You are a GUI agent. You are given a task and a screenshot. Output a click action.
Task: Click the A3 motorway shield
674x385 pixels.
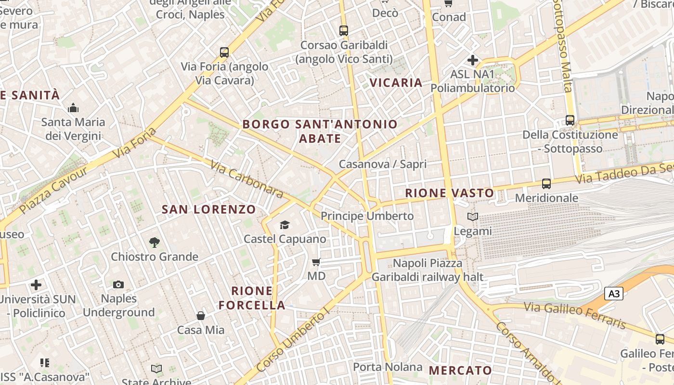[x=613, y=294]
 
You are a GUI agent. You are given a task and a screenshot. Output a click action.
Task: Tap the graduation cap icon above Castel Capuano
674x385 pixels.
[x=285, y=225]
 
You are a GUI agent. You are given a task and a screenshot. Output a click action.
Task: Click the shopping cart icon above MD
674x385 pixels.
[x=316, y=262]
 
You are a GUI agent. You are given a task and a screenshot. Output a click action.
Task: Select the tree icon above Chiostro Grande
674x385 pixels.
[x=155, y=243]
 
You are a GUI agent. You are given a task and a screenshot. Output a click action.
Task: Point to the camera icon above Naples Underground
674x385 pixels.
[x=118, y=285]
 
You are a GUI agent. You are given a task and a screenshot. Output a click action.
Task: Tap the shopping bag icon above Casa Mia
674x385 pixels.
[x=201, y=316]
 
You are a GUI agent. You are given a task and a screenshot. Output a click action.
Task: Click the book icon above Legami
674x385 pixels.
[x=473, y=217]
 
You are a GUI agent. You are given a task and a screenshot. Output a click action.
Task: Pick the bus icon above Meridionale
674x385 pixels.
[x=546, y=184]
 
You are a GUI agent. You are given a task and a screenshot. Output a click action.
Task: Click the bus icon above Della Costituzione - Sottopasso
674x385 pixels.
[x=570, y=120]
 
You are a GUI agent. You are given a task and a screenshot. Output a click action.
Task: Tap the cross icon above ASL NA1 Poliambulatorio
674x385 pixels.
[x=473, y=60]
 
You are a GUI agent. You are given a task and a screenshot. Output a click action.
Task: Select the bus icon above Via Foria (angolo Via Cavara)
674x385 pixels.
[x=224, y=52]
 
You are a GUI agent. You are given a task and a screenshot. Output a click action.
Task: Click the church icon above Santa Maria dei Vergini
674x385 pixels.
[x=73, y=108]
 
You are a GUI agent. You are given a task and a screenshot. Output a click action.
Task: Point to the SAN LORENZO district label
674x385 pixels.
[x=208, y=209]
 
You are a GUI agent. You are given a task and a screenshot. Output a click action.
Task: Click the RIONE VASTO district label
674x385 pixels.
[x=449, y=193]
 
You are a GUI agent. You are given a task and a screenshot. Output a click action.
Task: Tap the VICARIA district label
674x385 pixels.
[x=396, y=83]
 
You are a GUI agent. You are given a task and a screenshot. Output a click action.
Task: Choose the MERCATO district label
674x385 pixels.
[x=460, y=370]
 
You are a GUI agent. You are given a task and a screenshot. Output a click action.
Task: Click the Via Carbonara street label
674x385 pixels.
[x=246, y=179]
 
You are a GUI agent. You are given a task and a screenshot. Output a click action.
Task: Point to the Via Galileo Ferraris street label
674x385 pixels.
[x=575, y=315]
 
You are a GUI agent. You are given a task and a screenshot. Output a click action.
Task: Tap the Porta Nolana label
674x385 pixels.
[x=388, y=367]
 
